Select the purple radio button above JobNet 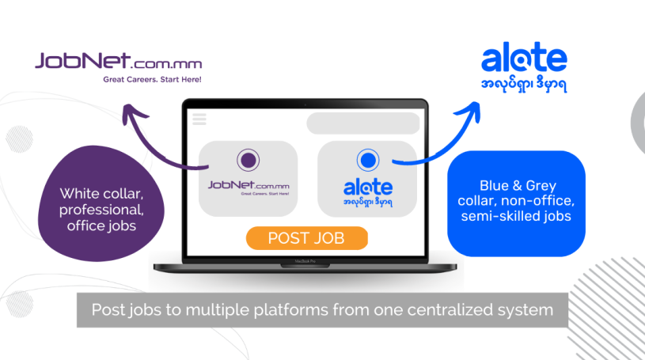(x=248, y=161)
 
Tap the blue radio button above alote (x=366, y=161)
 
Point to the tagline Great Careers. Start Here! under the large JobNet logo (x=153, y=79)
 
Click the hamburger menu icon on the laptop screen (x=199, y=119)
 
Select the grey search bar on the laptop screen (x=362, y=123)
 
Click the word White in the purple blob (x=79, y=193)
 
